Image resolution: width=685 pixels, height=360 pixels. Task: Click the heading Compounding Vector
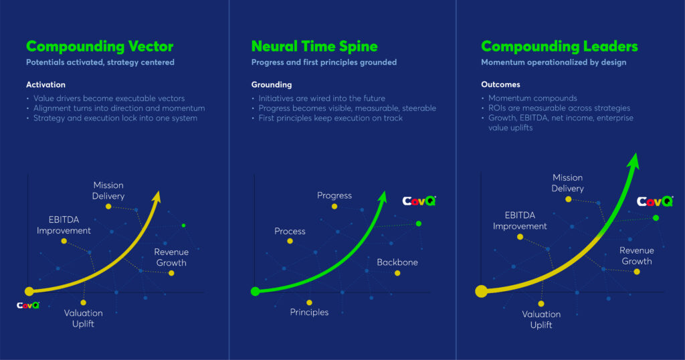click(100, 47)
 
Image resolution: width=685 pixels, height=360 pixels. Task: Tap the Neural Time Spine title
click(314, 46)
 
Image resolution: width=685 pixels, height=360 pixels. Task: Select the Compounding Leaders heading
click(559, 47)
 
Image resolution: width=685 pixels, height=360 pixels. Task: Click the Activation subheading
click(45, 85)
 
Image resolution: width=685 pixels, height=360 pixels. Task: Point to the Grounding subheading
click(272, 85)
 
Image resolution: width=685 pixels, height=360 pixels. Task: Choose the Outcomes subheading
click(500, 84)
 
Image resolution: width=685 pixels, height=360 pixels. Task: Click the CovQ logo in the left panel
click(28, 305)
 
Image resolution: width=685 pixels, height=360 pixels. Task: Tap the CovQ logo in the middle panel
click(419, 201)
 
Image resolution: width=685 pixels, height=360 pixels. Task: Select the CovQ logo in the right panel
click(654, 201)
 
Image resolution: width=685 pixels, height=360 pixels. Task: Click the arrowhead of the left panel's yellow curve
click(157, 197)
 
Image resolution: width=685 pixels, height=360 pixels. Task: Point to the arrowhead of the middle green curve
click(383, 197)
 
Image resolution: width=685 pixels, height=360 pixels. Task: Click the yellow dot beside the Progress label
click(334, 206)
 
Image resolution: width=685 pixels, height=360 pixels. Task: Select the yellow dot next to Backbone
click(397, 273)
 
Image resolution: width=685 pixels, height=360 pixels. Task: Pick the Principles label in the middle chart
click(309, 312)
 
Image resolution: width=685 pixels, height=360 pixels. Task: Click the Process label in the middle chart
click(290, 231)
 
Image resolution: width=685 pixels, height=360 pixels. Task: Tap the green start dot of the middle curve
click(255, 291)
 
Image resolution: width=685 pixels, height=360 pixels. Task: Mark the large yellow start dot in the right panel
click(481, 291)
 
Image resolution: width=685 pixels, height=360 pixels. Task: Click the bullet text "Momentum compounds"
click(532, 98)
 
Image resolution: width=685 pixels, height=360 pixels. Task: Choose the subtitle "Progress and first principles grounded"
click(324, 62)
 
